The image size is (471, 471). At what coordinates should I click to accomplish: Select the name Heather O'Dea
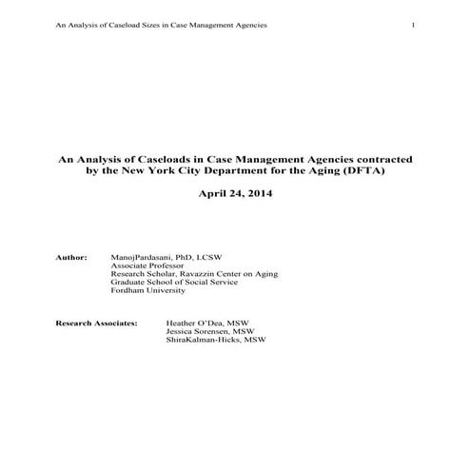[190, 323]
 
